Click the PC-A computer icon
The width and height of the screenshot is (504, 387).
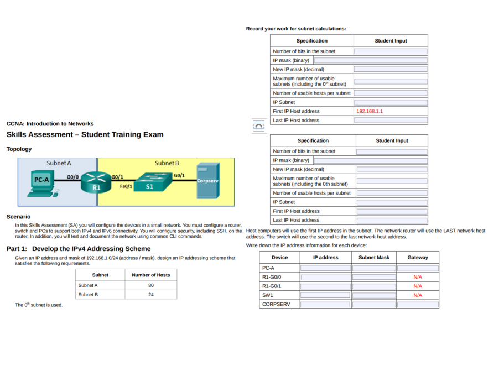click(42, 184)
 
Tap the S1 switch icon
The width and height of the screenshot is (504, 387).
click(150, 183)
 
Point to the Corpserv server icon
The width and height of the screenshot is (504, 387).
click(208, 181)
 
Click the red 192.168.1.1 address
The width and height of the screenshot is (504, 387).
click(370, 111)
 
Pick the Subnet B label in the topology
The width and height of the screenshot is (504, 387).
click(167, 163)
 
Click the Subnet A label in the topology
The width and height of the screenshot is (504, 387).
click(59, 163)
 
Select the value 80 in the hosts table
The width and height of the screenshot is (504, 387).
click(150, 285)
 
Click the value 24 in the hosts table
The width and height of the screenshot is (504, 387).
click(150, 295)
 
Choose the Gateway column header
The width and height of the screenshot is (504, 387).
click(417, 258)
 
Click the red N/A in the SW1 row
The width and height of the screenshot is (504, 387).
click(417, 295)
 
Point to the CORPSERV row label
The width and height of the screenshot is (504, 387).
click(276, 304)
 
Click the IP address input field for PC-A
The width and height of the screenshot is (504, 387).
click(325, 268)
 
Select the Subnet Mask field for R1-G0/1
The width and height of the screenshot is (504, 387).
click(374, 286)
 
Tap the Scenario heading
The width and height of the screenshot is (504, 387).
click(18, 217)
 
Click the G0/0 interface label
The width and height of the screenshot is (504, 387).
click(73, 177)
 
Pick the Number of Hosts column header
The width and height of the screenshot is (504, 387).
click(150, 275)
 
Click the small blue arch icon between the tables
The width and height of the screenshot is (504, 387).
click(258, 126)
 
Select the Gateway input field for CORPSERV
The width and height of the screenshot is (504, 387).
click(417, 305)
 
